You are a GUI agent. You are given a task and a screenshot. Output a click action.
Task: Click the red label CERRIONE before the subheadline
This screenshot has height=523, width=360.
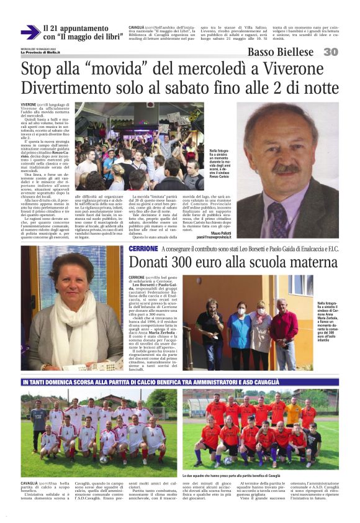(143, 248)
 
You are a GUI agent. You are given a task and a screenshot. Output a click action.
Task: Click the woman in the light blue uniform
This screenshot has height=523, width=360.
(240, 325)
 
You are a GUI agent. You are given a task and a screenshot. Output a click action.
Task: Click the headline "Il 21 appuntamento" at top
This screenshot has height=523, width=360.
(74, 29)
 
